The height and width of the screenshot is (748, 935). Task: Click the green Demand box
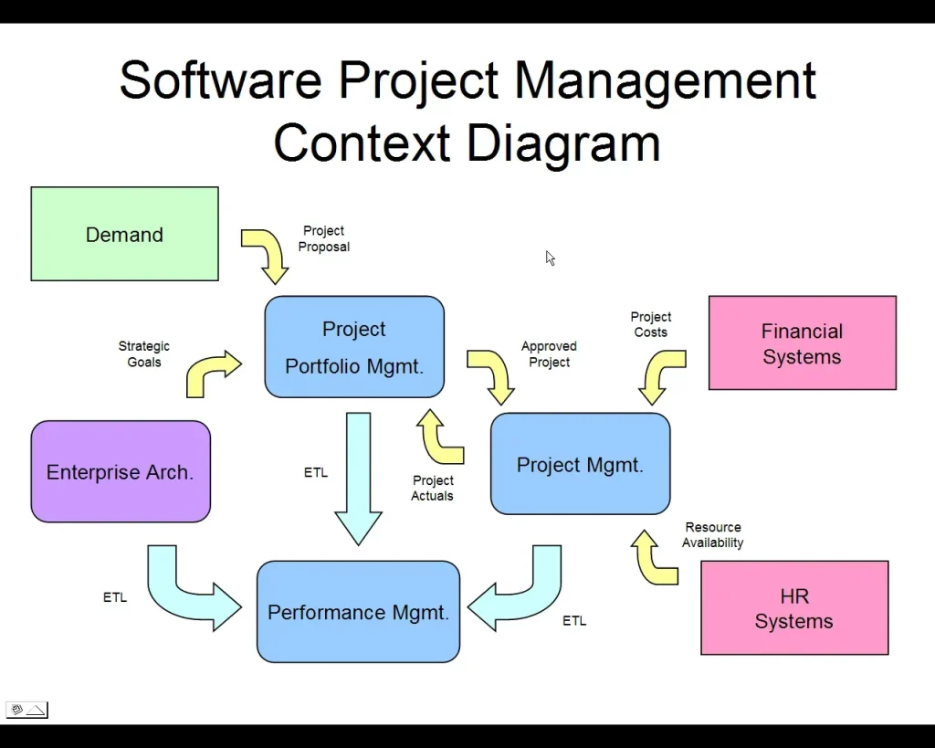click(124, 234)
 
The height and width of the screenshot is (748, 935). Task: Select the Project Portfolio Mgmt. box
click(354, 347)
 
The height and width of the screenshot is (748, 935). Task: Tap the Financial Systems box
click(802, 343)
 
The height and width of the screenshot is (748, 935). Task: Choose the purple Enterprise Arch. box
click(121, 471)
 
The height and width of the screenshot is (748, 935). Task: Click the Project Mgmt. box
click(580, 464)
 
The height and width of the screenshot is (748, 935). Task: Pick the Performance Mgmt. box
click(358, 612)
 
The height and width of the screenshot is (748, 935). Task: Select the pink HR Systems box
click(793, 608)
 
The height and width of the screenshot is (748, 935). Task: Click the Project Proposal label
click(324, 239)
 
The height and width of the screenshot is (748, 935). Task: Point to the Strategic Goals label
click(144, 354)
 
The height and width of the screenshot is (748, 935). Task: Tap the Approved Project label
click(549, 354)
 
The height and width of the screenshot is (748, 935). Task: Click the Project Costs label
click(651, 325)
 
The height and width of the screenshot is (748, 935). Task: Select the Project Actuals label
click(433, 488)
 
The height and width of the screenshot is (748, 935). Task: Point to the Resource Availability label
click(713, 535)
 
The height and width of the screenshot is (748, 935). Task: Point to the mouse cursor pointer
click(551, 258)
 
